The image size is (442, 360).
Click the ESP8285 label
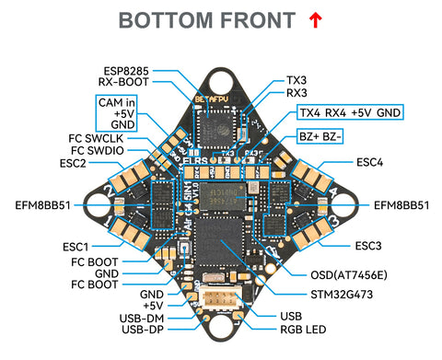point(126,69)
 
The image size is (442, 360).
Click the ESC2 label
point(74,163)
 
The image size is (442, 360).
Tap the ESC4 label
point(368,163)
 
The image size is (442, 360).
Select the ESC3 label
point(368,245)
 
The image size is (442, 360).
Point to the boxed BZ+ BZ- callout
point(321,136)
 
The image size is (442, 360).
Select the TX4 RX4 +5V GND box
point(350,112)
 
